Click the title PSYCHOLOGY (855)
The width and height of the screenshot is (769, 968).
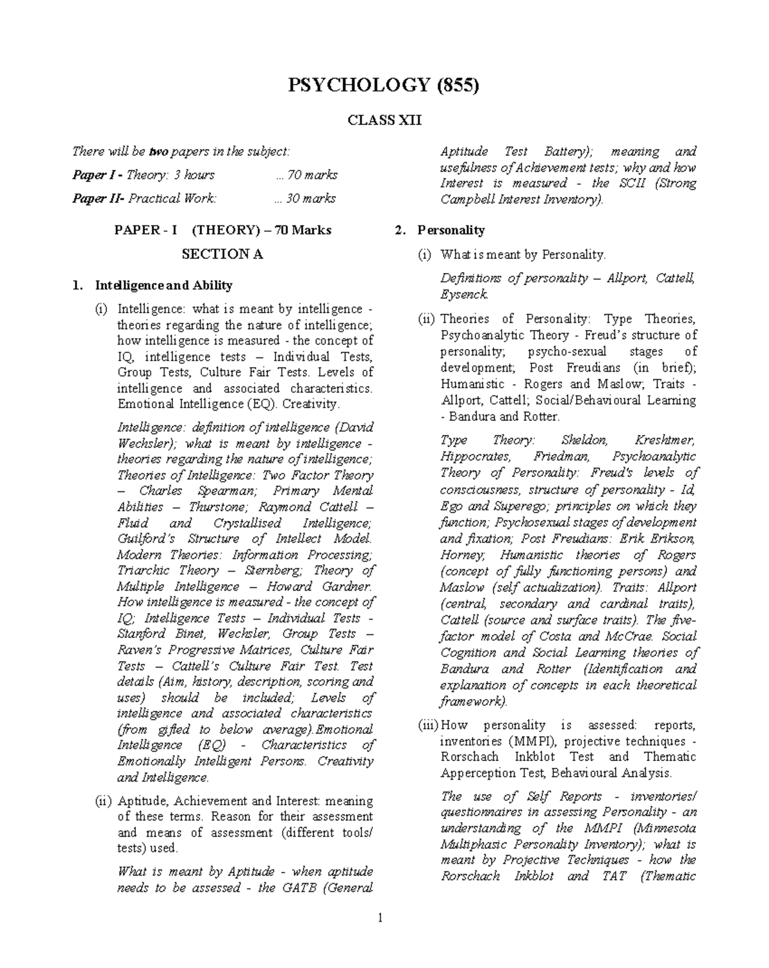click(x=384, y=85)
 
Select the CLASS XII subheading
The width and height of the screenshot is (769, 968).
click(x=384, y=120)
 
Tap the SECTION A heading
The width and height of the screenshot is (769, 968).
click(x=222, y=254)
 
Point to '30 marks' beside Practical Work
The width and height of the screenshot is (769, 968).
click(x=305, y=199)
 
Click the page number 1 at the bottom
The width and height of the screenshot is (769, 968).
click(x=380, y=919)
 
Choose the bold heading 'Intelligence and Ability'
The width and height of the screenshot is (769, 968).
click(x=163, y=285)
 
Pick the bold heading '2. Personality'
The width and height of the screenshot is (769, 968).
click(x=451, y=230)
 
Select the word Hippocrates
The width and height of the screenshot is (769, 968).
click(x=475, y=457)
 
